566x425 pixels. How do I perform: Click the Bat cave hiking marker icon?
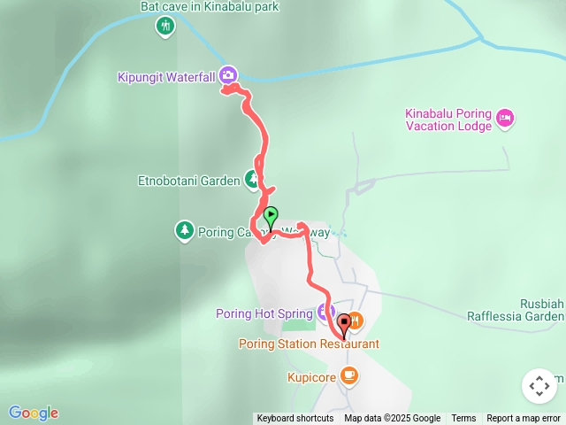(x=164, y=26)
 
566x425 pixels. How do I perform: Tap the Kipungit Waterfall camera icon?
(x=228, y=75)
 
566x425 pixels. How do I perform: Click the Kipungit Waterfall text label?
(x=166, y=77)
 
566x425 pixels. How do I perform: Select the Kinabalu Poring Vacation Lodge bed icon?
(x=505, y=118)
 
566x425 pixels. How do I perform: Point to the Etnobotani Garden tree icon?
(x=252, y=180)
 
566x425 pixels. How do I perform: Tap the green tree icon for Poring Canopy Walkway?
(x=184, y=230)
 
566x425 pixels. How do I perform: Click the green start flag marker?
(x=271, y=215)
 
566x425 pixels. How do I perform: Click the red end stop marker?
(x=343, y=323)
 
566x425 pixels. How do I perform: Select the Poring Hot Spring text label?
(x=264, y=313)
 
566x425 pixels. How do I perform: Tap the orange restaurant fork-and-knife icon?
(x=355, y=319)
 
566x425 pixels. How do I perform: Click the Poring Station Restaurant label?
(x=309, y=344)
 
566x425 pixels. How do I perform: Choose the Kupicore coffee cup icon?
(x=348, y=375)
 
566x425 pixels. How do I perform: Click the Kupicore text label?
(x=310, y=376)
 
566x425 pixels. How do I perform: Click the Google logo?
(x=34, y=413)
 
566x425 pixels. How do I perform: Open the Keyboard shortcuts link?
(x=294, y=418)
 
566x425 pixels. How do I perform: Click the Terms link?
(x=463, y=418)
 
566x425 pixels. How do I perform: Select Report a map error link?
(x=524, y=418)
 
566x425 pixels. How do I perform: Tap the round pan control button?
(x=539, y=386)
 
